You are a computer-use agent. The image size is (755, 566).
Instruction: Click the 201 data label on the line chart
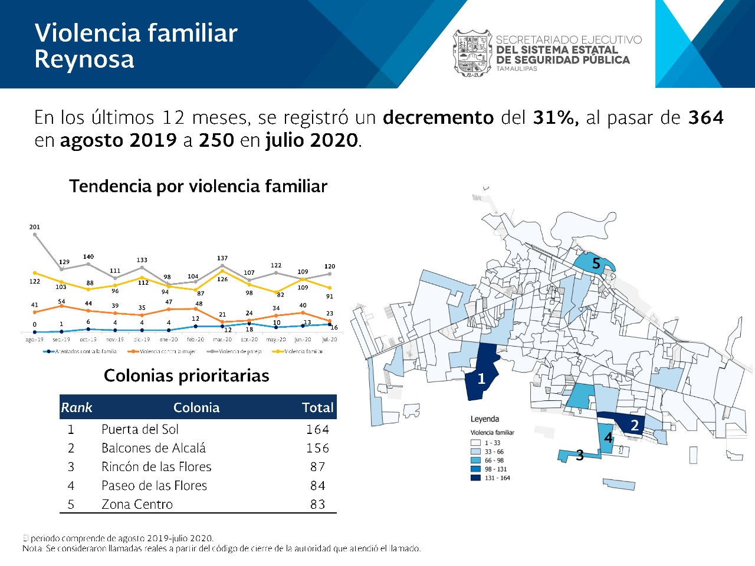(35, 227)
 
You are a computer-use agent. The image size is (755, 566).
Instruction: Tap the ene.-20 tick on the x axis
(169, 340)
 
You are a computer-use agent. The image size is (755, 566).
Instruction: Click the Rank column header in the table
(77, 407)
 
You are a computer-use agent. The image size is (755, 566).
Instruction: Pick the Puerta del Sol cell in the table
(140, 429)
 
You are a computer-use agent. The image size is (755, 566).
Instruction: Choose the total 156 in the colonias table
(317, 448)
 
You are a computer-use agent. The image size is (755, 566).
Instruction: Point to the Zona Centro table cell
(137, 504)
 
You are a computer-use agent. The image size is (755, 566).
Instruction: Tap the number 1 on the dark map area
(481, 379)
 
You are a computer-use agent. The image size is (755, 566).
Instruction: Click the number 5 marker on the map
(596, 264)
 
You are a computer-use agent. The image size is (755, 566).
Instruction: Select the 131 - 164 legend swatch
(475, 478)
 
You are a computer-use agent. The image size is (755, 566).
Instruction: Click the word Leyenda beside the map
(485, 419)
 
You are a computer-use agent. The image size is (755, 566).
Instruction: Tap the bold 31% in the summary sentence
(555, 117)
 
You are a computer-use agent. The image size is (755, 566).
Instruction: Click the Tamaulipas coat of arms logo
(472, 53)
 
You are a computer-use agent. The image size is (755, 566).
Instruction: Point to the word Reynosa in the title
(84, 60)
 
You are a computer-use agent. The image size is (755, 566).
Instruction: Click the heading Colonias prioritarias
(186, 376)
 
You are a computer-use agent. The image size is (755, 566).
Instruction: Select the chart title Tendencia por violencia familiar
(198, 186)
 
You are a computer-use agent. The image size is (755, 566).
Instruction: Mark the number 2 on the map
(635, 425)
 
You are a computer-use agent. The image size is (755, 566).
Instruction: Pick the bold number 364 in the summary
(705, 117)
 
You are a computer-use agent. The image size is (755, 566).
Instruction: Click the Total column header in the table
(317, 407)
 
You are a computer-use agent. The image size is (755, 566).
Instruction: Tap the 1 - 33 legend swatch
(475, 443)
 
